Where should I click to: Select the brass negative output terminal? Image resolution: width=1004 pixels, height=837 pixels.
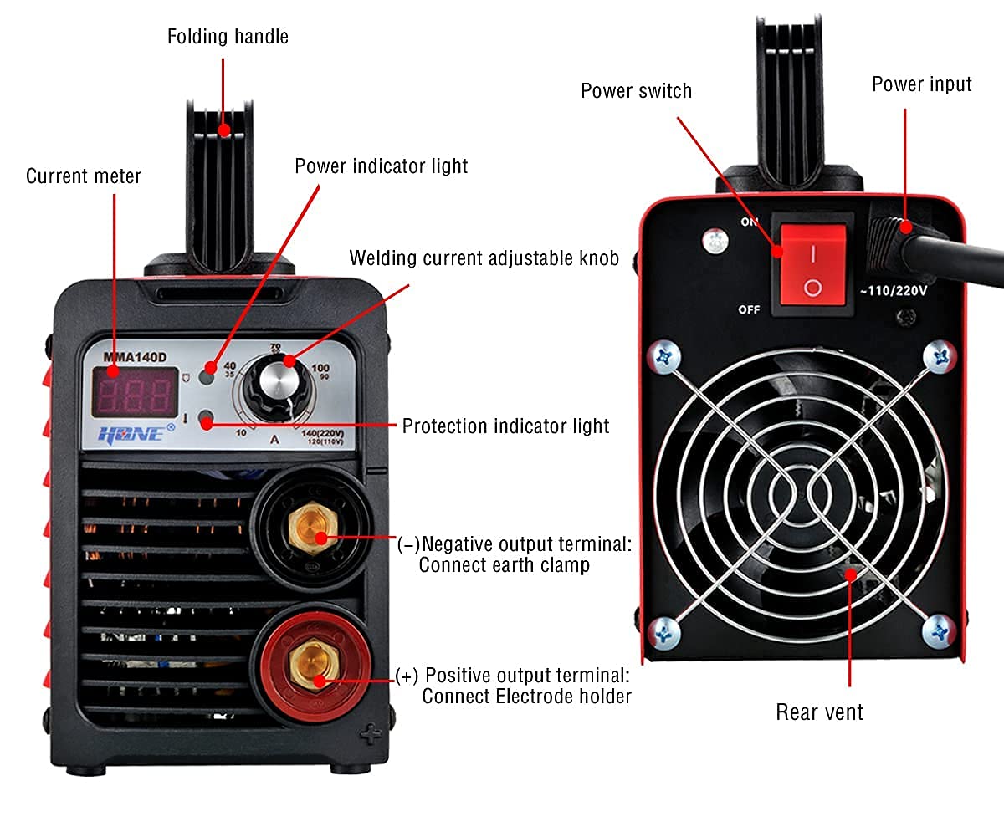305,533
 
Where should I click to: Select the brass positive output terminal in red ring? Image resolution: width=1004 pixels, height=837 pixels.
306,666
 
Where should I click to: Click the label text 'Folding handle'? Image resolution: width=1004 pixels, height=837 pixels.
228,37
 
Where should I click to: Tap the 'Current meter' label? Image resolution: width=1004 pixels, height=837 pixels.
84,176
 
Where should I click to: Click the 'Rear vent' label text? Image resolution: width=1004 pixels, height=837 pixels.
819,712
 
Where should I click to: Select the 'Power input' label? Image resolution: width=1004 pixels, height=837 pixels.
921,84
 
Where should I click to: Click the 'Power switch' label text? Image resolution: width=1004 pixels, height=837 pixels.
636,90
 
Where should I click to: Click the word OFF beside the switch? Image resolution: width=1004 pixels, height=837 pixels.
748,310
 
